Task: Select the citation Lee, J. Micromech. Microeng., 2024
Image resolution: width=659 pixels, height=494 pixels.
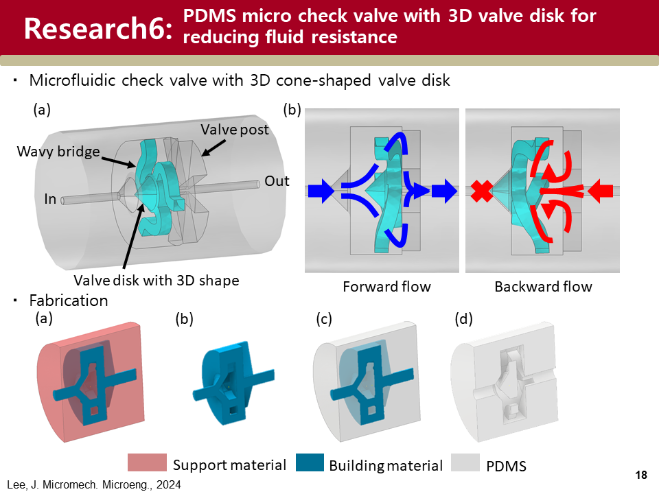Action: (x=94, y=484)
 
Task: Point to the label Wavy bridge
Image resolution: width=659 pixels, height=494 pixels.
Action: (x=58, y=152)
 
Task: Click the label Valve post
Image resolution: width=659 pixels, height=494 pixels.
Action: (x=234, y=129)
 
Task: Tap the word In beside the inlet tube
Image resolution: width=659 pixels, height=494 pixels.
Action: (x=49, y=200)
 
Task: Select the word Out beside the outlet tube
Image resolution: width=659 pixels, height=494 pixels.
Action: (x=277, y=182)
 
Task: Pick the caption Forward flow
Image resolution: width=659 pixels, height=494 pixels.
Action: (x=386, y=286)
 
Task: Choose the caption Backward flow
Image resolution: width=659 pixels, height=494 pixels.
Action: (x=543, y=286)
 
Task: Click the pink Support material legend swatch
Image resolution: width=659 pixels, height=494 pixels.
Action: (x=147, y=464)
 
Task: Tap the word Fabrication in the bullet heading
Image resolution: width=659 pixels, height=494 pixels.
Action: (x=69, y=301)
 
